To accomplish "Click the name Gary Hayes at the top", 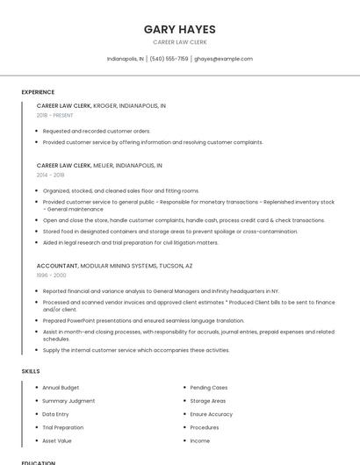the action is pos(179,29).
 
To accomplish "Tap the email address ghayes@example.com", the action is pos(223,59).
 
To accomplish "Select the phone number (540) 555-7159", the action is pos(169,59).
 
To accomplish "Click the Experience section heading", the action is pos(38,92).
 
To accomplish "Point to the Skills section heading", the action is pos(31,371).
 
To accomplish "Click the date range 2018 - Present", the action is pos(54,115).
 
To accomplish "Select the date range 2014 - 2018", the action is pos(50,175).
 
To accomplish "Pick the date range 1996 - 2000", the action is pos(51,275).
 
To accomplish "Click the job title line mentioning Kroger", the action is pos(101,105).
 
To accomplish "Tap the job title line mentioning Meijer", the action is pos(99,165).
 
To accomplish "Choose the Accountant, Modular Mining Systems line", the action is pos(114,265).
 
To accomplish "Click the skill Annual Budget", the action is pos(61,387).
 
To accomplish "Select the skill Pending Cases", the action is pos(209,387).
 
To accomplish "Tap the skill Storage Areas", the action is pos(208,400).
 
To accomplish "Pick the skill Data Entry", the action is pos(55,414).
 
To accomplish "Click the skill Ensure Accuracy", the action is pos(211,414).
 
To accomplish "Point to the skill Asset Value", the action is pos(57,440).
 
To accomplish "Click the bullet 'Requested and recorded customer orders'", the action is pos(97,131).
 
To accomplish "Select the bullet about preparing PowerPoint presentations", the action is pos(143,319).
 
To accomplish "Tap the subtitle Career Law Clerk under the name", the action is pos(179,42).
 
